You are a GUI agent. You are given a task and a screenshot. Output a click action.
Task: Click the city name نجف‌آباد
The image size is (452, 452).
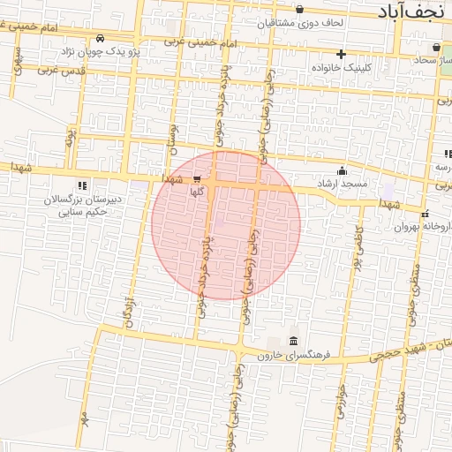click(x=413, y=11)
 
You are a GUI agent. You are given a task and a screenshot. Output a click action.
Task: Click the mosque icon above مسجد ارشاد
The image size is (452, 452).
click(x=343, y=171)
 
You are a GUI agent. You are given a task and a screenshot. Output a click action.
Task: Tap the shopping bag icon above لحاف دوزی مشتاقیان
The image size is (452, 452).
click(x=300, y=9)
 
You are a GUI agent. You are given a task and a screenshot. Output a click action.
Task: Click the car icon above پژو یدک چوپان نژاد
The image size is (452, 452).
click(x=101, y=39)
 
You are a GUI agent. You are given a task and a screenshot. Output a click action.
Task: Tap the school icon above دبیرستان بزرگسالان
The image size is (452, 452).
click(x=82, y=185)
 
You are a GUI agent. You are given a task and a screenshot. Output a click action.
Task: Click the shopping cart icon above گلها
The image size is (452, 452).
click(x=196, y=178)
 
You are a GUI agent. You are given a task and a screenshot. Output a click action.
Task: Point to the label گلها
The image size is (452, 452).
click(x=198, y=191)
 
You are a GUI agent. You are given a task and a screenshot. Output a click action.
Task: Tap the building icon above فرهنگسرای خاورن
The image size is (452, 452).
click(x=293, y=342)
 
